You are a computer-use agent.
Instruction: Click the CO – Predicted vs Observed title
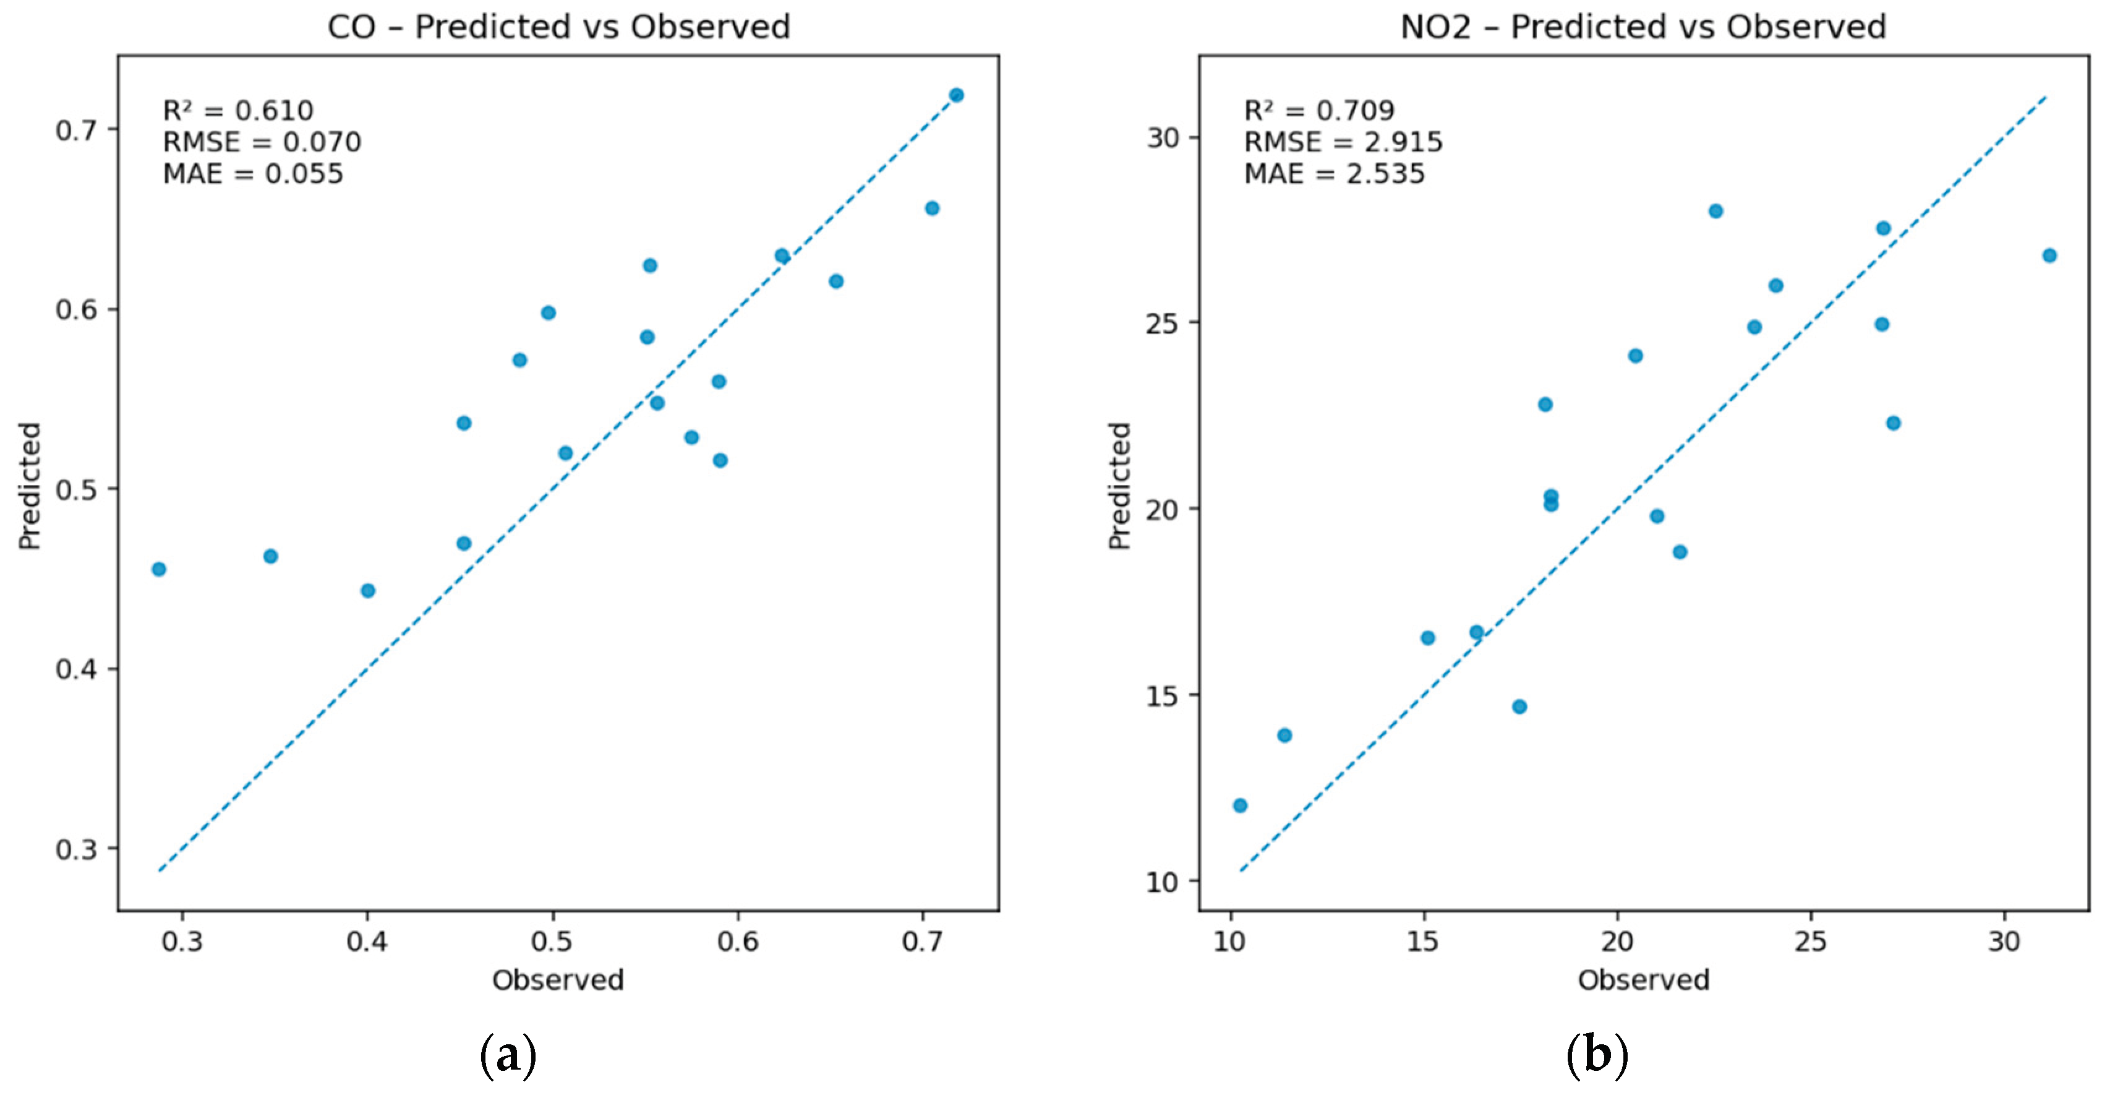tap(558, 27)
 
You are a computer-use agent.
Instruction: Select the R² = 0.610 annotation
tap(238, 110)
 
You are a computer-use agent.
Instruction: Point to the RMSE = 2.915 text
tap(1343, 142)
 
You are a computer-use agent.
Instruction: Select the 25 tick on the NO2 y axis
tap(1163, 323)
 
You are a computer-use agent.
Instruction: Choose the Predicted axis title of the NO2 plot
tap(1120, 486)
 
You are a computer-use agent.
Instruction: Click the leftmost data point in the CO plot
tap(160, 569)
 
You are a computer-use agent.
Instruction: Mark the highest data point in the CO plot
tap(957, 95)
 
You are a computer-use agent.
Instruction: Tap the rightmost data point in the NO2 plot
tap(2049, 255)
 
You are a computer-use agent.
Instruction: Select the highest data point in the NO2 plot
tap(1715, 211)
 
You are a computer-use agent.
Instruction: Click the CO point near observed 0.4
tap(368, 591)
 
